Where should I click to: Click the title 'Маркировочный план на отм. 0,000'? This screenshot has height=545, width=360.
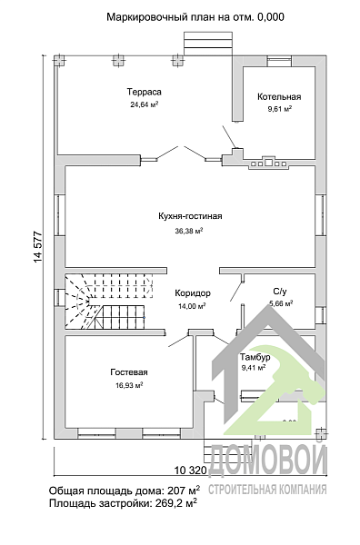click(x=195, y=16)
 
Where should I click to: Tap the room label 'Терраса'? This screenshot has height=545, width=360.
click(x=144, y=92)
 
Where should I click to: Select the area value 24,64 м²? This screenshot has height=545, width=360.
click(x=145, y=104)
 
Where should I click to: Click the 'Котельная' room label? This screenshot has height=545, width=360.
click(x=279, y=96)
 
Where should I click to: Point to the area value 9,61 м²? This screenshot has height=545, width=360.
click(x=279, y=109)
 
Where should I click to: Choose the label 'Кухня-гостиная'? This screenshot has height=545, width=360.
click(x=190, y=216)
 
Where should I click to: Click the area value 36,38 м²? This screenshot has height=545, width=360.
click(x=189, y=231)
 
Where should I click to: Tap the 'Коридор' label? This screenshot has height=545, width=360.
click(x=193, y=293)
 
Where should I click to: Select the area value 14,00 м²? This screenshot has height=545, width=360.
click(x=192, y=306)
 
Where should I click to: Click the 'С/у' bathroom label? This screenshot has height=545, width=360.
click(x=280, y=292)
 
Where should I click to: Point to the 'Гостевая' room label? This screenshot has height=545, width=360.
click(x=129, y=372)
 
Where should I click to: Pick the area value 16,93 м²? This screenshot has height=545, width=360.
click(x=129, y=385)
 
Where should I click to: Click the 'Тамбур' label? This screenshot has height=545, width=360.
click(x=255, y=357)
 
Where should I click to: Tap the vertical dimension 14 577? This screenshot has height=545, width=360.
click(x=38, y=247)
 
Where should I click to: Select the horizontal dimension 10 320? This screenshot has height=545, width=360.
click(x=190, y=471)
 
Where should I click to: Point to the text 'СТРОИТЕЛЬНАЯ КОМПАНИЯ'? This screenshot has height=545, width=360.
click(x=267, y=490)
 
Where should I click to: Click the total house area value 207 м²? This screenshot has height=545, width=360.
click(x=184, y=490)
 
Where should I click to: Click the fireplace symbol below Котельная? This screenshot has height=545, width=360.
click(x=268, y=163)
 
